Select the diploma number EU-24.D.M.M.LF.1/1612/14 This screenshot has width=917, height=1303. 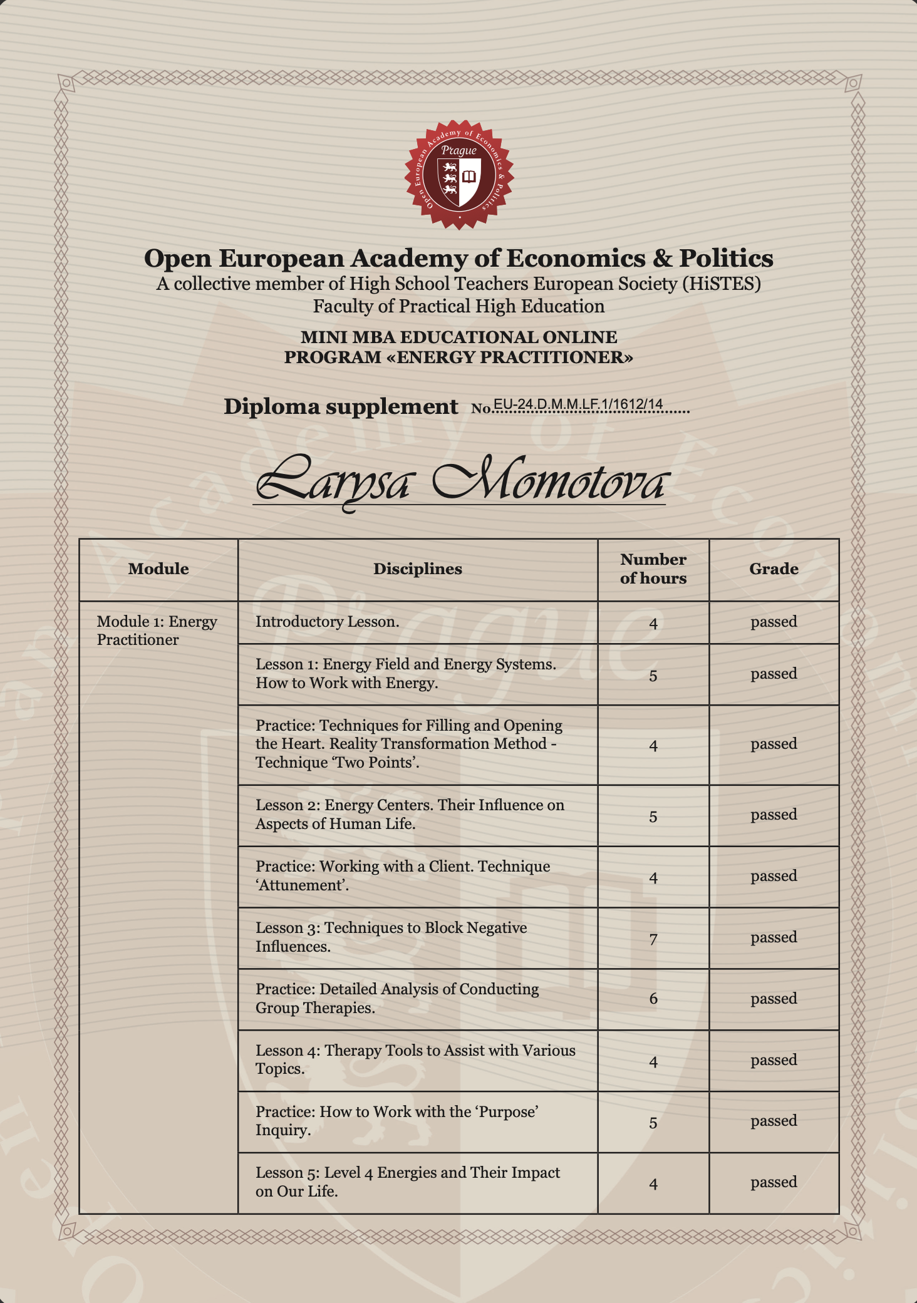pyautogui.click(x=578, y=404)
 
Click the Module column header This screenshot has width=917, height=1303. pyautogui.click(x=158, y=569)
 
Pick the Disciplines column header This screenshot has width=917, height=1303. pyautogui.click(x=418, y=569)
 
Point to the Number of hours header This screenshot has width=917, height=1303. pyautogui.click(x=653, y=569)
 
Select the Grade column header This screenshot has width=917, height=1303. pyautogui.click(x=774, y=569)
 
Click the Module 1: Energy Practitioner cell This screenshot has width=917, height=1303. pyautogui.click(x=157, y=631)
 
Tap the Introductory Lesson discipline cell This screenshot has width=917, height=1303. pyautogui.click(x=327, y=622)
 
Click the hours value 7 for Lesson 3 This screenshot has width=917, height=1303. pyautogui.click(x=653, y=939)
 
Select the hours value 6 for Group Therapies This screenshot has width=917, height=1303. pyautogui.click(x=653, y=999)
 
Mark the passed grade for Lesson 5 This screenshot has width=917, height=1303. pyautogui.click(x=774, y=1182)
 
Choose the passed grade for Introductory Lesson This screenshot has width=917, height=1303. pyautogui.click(x=774, y=622)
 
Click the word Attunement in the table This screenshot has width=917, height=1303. pyautogui.click(x=301, y=885)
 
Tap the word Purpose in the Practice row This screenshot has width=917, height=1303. pyautogui.click(x=507, y=1112)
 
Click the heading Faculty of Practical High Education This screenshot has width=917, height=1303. pyautogui.click(x=458, y=306)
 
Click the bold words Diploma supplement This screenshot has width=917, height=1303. pyautogui.click(x=341, y=407)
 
